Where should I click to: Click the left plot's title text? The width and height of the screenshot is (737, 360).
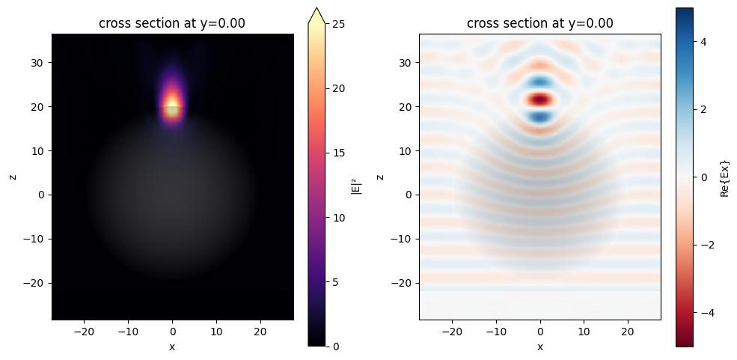tap(172, 23)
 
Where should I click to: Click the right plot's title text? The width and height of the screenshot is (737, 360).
tap(540, 23)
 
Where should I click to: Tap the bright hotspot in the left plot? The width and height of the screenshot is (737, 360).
tap(173, 103)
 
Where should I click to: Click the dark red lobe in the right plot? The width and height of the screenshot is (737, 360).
tap(540, 99)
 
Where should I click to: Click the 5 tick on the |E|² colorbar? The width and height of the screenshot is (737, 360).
tap(334, 281)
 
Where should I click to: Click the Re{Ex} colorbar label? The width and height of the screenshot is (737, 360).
tap(724, 177)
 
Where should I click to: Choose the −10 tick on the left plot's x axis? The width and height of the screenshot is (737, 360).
tap(128, 332)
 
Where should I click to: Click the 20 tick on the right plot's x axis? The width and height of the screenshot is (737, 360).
tap(629, 332)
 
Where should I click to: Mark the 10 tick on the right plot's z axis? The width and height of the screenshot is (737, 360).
tap(409, 151)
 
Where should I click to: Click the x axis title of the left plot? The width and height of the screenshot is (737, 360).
tap(172, 347)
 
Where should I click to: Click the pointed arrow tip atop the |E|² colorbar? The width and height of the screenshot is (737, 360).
tap(316, 9)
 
